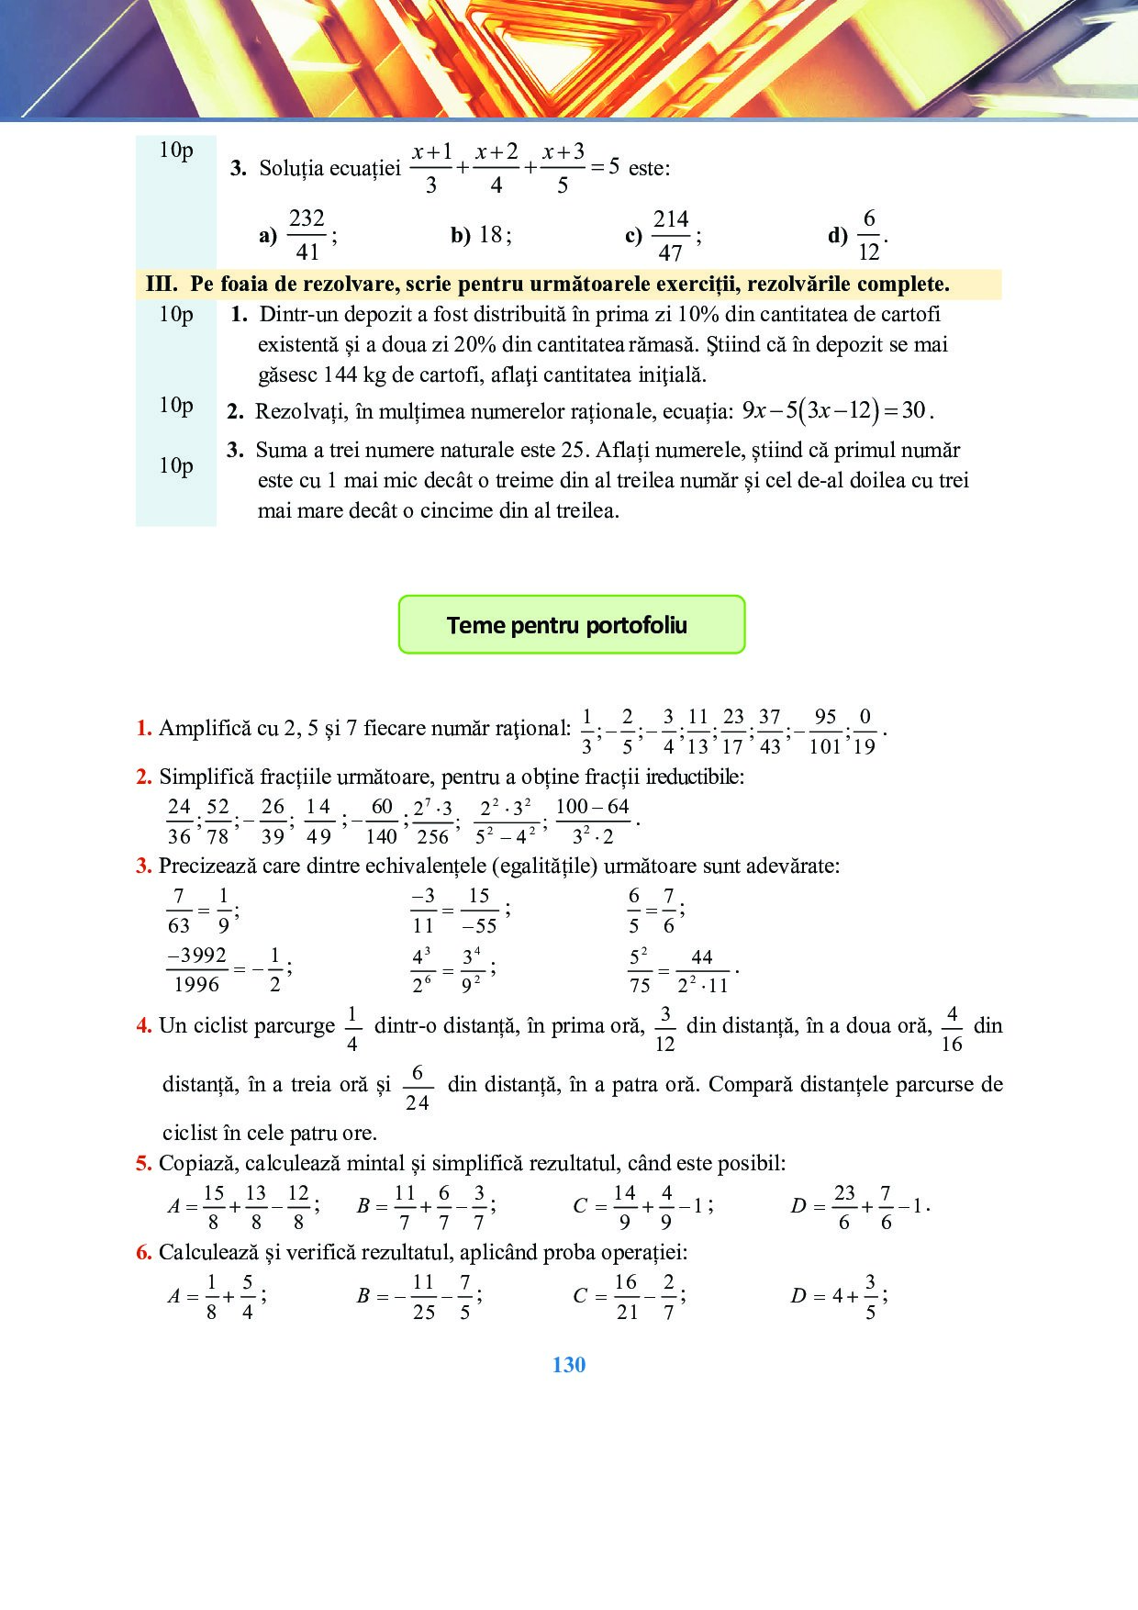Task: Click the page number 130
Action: pyautogui.click(x=569, y=1365)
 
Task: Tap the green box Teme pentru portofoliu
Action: pyautogui.click(x=571, y=625)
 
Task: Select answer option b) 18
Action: pyautogui.click(x=481, y=235)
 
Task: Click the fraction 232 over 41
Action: pyautogui.click(x=307, y=235)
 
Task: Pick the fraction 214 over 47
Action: pyautogui.click(x=671, y=235)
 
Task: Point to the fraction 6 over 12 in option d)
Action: pyautogui.click(x=868, y=235)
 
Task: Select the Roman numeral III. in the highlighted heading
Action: pyautogui.click(x=162, y=284)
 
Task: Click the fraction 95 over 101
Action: pyautogui.click(x=825, y=731)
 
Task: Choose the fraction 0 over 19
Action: pyautogui.click(x=865, y=731)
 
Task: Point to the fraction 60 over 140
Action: pyautogui.click(x=382, y=821)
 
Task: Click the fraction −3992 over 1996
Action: pyautogui.click(x=196, y=969)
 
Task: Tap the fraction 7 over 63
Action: pyautogui.click(x=179, y=911)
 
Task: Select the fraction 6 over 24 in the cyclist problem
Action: pyautogui.click(x=418, y=1087)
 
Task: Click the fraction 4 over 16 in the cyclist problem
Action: pyautogui.click(x=952, y=1029)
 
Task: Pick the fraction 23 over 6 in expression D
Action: pyautogui.click(x=844, y=1207)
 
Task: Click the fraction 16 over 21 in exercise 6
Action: pyautogui.click(x=627, y=1297)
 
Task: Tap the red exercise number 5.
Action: pyautogui.click(x=144, y=1164)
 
